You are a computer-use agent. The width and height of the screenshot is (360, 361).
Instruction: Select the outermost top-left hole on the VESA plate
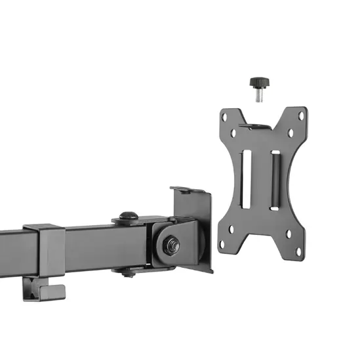click(x=224, y=117)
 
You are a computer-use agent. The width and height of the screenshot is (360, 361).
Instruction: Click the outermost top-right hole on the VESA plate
click(x=301, y=116)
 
